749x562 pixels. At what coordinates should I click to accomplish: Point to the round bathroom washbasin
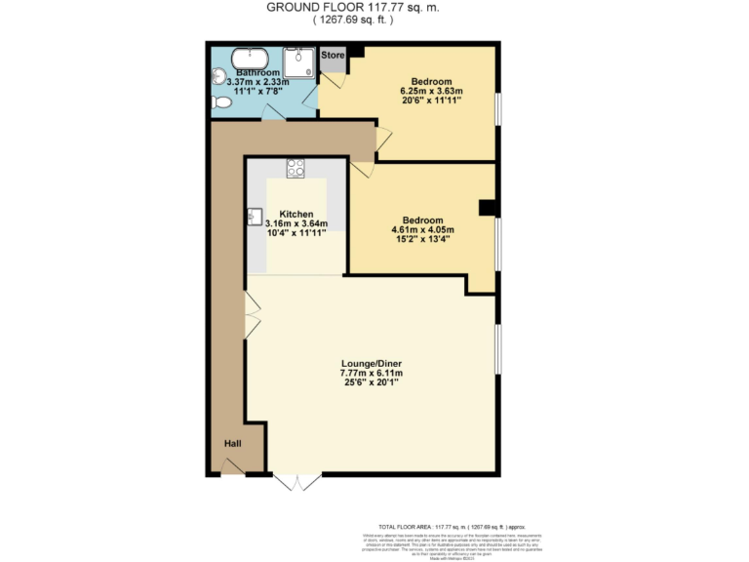click(218, 78)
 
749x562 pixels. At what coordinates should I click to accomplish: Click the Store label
click(334, 56)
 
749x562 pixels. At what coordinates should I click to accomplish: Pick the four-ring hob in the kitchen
click(296, 168)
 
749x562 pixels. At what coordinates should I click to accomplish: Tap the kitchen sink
click(255, 216)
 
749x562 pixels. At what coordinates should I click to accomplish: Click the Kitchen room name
click(296, 214)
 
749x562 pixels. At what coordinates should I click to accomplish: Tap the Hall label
click(232, 444)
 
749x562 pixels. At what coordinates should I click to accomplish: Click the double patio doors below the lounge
click(296, 481)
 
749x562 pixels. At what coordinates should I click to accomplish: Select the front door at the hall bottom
click(232, 471)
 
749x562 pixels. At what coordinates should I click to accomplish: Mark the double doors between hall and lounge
click(252, 318)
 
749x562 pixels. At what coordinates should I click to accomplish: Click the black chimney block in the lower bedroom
click(487, 207)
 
